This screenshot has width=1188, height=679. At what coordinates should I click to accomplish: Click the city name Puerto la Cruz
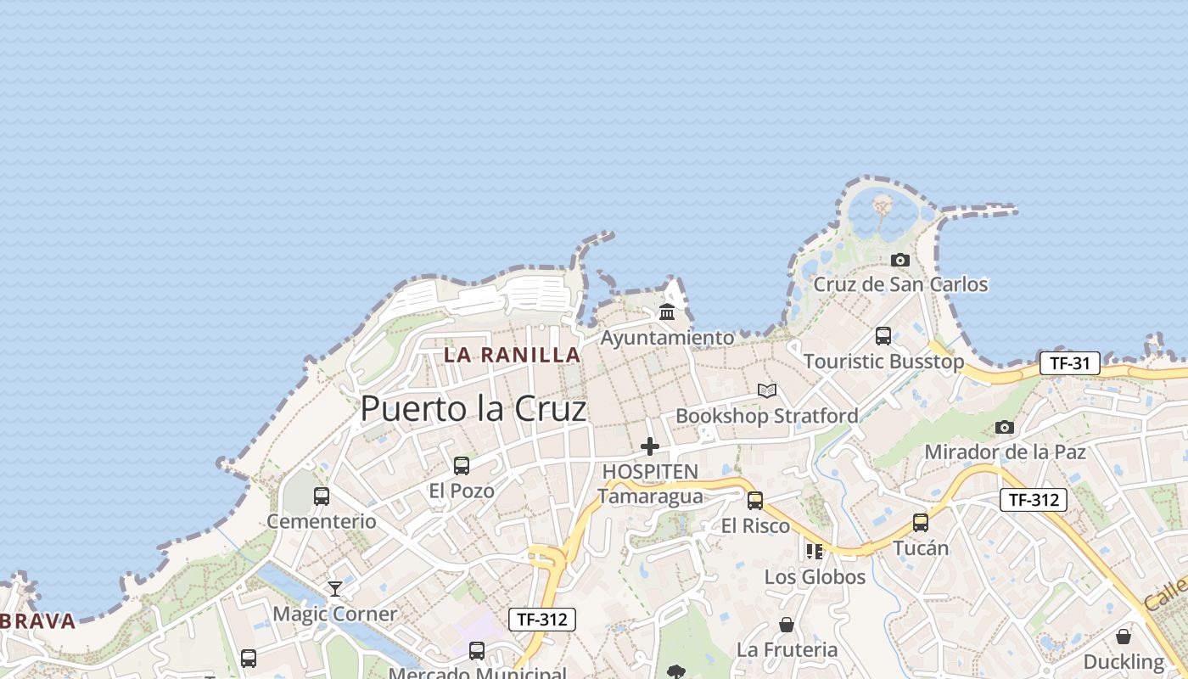[474, 409]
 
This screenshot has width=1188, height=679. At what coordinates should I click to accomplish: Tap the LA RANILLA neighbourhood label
[513, 355]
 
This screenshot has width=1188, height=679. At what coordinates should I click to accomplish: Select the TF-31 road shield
[1069, 363]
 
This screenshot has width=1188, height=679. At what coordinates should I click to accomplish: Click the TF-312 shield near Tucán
[1033, 500]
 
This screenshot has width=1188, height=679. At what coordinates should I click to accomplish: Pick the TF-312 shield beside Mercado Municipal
[542, 620]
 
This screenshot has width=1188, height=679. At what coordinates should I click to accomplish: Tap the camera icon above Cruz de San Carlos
[900, 260]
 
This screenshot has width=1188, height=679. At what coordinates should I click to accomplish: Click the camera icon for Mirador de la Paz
[1005, 427]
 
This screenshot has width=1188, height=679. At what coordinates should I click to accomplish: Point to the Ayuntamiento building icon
[667, 312]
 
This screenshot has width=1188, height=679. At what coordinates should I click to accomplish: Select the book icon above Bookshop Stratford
[767, 390]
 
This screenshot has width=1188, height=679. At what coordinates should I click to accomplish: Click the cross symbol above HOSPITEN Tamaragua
[650, 446]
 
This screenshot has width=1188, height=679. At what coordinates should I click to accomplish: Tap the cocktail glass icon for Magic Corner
[335, 588]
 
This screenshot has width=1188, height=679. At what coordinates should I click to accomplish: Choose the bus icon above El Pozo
[462, 466]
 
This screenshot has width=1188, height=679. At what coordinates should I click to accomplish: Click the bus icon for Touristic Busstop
[883, 335]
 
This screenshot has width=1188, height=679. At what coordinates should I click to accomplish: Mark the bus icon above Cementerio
[322, 497]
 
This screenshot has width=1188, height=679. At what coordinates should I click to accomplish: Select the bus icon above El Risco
[755, 501]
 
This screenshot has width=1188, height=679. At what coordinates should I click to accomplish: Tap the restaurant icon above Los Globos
[815, 552]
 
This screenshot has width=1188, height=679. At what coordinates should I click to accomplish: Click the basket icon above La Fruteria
[787, 625]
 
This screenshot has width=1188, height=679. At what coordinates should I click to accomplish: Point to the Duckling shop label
[1124, 661]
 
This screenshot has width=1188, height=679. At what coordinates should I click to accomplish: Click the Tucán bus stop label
[921, 547]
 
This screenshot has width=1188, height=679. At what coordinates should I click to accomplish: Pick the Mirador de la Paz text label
[1005, 452]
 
